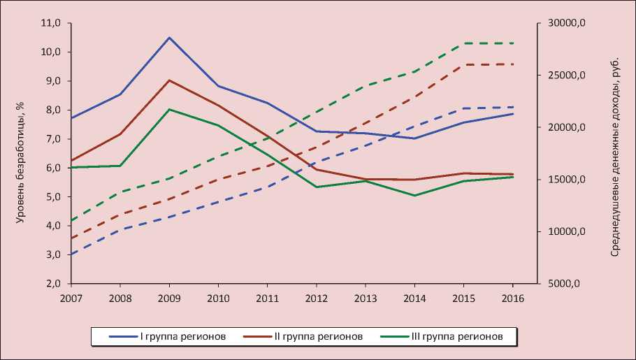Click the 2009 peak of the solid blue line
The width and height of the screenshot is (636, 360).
(x=169, y=37)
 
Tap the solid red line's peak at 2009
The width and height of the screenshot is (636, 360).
(x=169, y=80)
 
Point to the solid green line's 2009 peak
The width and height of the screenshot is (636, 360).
(x=169, y=109)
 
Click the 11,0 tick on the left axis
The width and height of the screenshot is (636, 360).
(x=53, y=23)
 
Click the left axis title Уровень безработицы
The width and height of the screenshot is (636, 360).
(x=20, y=161)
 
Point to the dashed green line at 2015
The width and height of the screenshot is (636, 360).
(x=464, y=43)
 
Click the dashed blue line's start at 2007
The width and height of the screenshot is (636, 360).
(x=70, y=254)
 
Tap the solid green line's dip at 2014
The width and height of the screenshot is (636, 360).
(x=414, y=195)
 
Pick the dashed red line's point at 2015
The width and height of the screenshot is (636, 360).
(x=464, y=64)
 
